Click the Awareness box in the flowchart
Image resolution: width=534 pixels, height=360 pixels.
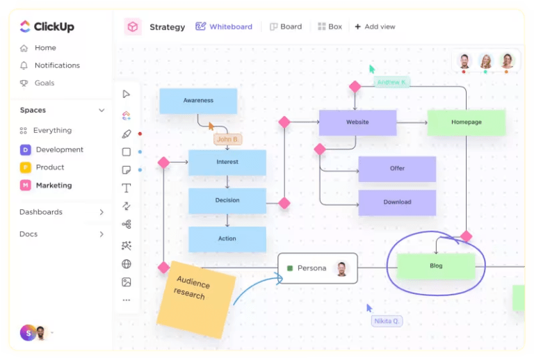coord(198,101)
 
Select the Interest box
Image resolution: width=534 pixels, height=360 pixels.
coord(227,162)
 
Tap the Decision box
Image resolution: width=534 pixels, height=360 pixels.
coord(227,200)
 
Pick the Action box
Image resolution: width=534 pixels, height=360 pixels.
coord(227,239)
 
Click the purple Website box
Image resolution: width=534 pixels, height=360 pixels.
coord(357,122)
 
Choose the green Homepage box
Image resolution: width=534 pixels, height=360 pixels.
coord(466,122)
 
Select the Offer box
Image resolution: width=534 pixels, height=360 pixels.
coord(397,169)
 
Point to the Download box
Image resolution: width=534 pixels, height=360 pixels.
coord(397,202)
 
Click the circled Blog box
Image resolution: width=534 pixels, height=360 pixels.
coord(436,266)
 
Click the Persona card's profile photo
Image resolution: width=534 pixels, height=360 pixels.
coord(341,268)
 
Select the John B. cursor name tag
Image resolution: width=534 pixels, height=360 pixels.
coord(227,139)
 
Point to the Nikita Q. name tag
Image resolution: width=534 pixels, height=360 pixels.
coord(387,321)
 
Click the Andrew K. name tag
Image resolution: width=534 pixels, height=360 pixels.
coord(392,82)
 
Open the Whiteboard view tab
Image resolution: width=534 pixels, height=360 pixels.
coord(224,27)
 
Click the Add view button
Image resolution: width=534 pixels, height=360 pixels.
coord(375,27)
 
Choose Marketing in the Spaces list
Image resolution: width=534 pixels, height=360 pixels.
coord(54,186)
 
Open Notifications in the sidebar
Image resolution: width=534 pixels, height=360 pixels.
coord(57,65)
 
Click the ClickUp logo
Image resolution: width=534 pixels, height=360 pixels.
coord(47,27)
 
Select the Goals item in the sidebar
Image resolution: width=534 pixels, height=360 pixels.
coord(44,83)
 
